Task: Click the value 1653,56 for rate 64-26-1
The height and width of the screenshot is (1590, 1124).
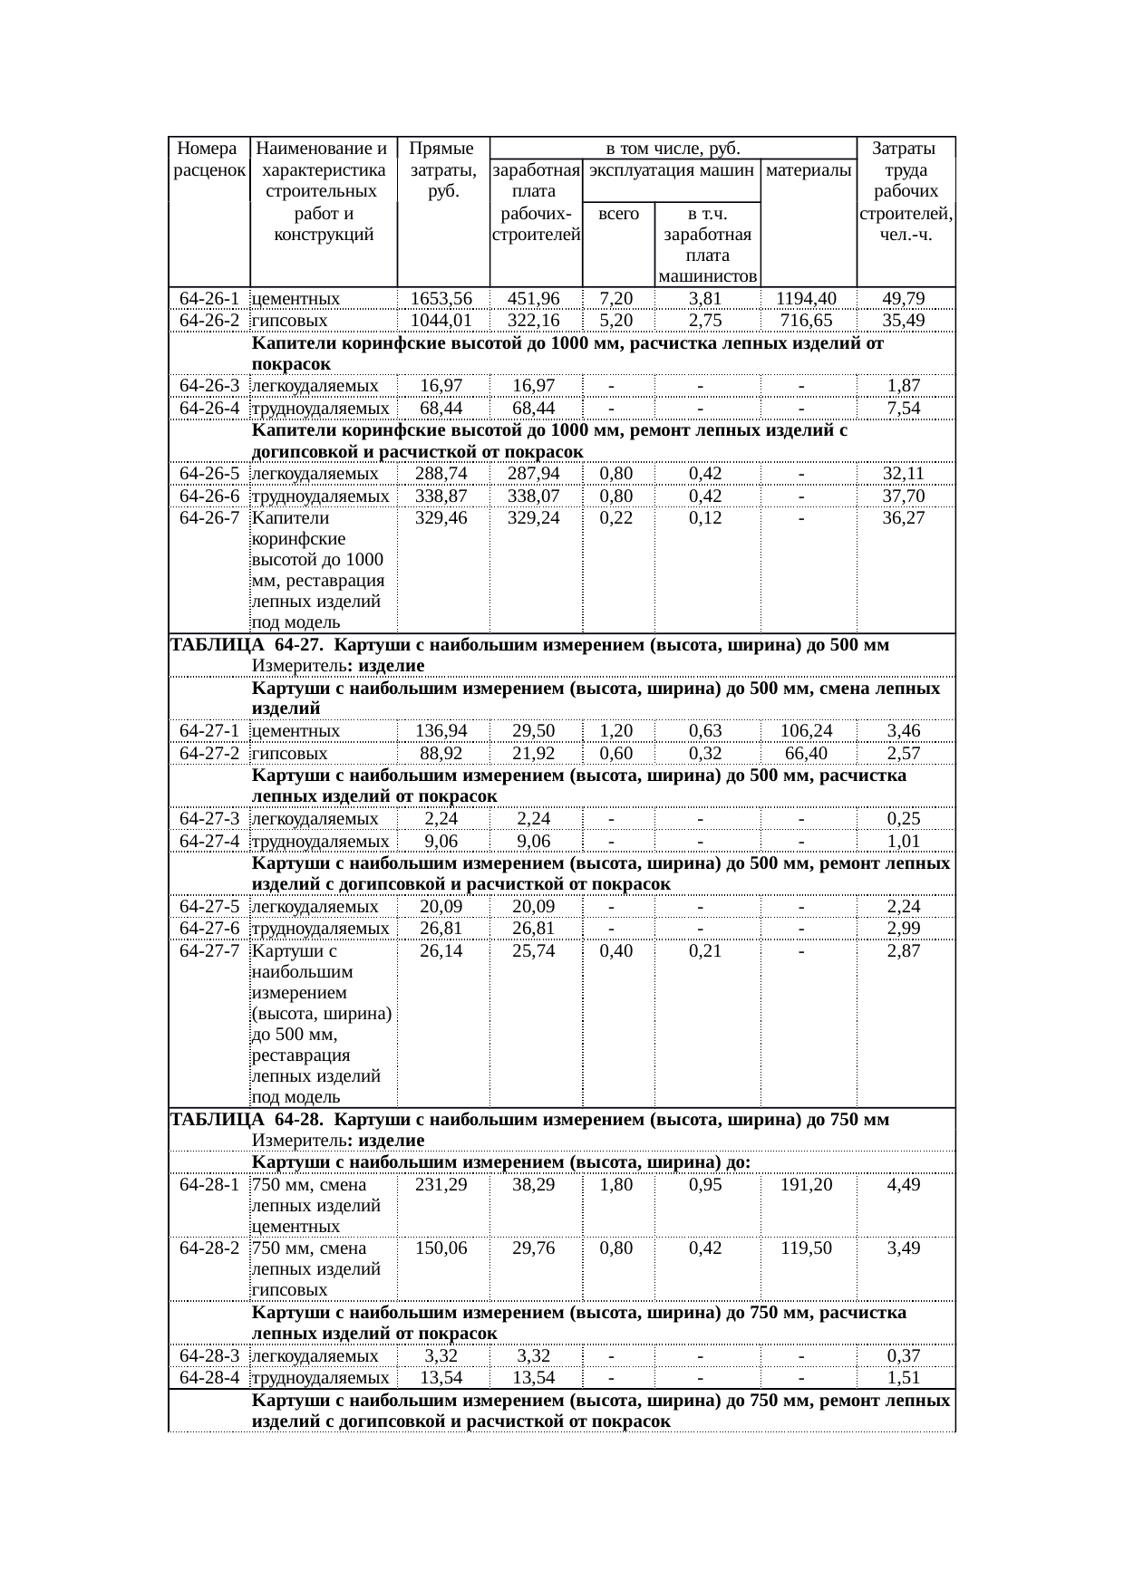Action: [x=441, y=299]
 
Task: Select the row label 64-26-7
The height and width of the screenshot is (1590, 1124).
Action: [x=209, y=518]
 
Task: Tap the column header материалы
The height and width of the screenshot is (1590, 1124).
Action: [x=808, y=170]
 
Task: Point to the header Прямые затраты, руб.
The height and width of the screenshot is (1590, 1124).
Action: [x=441, y=170]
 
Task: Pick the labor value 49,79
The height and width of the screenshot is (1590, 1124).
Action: [x=904, y=299]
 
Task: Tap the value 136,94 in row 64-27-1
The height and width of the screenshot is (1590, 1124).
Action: [x=441, y=731]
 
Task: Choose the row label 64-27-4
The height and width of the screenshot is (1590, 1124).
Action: [x=209, y=841]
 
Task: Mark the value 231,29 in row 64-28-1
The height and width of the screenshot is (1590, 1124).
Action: [x=441, y=1185]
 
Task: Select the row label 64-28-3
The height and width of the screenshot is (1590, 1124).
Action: [x=209, y=1356]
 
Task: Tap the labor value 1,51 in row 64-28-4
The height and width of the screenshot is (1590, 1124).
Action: [x=904, y=1379]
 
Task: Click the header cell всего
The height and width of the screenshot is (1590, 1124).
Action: [x=619, y=214]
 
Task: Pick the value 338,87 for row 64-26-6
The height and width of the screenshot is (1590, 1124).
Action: [x=441, y=496]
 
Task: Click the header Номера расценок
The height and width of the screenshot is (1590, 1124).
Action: [x=209, y=159]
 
